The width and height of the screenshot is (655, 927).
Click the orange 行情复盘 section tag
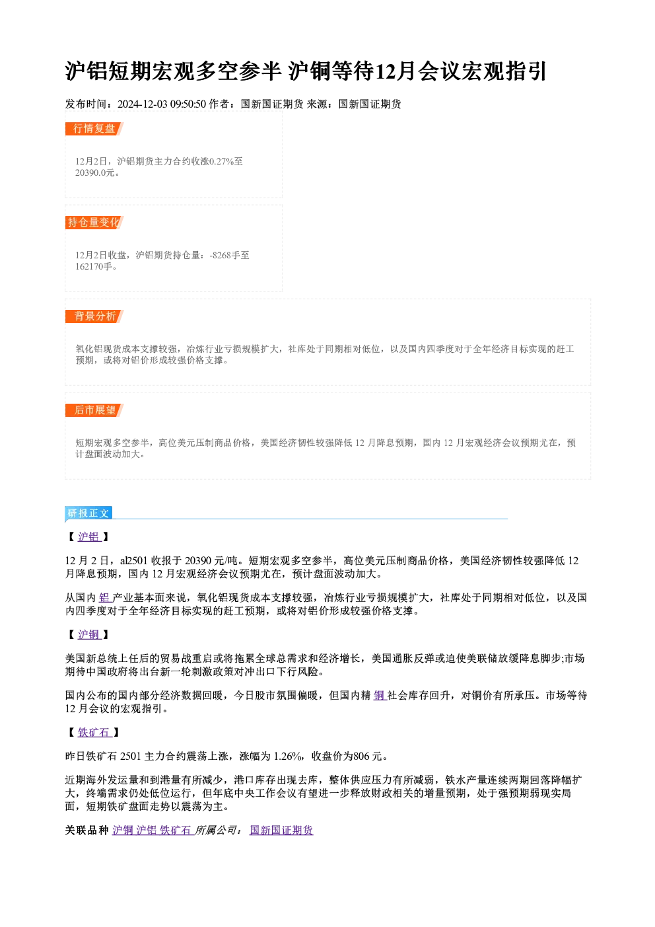click(94, 129)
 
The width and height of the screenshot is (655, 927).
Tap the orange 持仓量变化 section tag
click(94, 223)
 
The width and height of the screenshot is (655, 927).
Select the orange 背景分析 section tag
click(94, 316)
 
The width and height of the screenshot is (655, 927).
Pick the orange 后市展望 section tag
click(94, 410)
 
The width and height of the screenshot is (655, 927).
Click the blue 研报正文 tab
click(88, 513)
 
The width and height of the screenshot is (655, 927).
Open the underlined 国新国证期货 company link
click(281, 830)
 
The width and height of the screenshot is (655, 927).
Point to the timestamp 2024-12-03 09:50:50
click(162, 104)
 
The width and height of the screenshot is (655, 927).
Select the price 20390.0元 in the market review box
click(94, 172)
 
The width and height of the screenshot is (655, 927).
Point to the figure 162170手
click(94, 266)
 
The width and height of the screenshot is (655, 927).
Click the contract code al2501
click(133, 561)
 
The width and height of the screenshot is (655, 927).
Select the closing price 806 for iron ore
click(361, 757)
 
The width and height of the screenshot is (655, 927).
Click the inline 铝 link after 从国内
click(104, 597)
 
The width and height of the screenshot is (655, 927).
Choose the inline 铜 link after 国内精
click(379, 695)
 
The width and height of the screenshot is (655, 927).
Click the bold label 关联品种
click(86, 830)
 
